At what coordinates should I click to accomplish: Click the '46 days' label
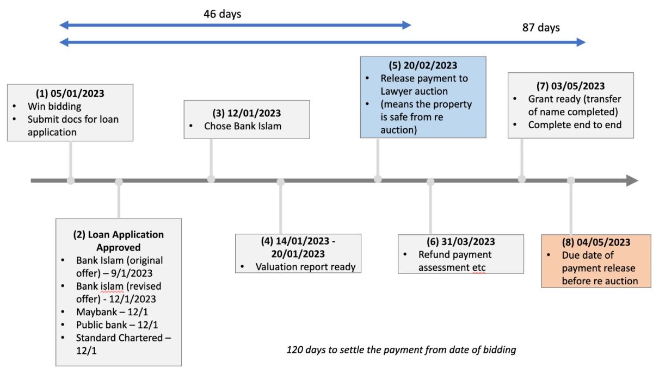[222, 14]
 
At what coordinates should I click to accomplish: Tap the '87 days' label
[541, 28]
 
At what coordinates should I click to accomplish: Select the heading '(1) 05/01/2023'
[70, 93]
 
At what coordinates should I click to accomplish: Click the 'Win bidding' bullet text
[54, 106]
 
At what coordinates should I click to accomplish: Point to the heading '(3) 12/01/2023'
[247, 113]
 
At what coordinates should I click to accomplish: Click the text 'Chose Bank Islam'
[243, 126]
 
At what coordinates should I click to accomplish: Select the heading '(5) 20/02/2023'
[423, 66]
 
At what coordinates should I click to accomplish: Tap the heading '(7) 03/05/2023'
[570, 86]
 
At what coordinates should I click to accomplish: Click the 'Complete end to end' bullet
[575, 125]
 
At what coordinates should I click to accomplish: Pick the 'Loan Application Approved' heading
[119, 241]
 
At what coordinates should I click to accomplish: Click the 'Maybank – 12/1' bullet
[112, 312]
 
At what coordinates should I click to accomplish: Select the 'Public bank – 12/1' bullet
[117, 325]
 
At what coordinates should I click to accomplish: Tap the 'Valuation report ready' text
[305, 267]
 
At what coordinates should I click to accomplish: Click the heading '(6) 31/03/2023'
[460, 242]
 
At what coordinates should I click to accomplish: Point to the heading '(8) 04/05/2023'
[596, 242]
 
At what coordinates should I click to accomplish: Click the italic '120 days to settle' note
[401, 350]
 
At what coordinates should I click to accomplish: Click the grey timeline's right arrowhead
[632, 180]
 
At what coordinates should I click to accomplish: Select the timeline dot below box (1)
[71, 180]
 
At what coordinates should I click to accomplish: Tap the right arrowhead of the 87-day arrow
[581, 42]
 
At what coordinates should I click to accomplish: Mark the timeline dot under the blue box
[378, 179]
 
